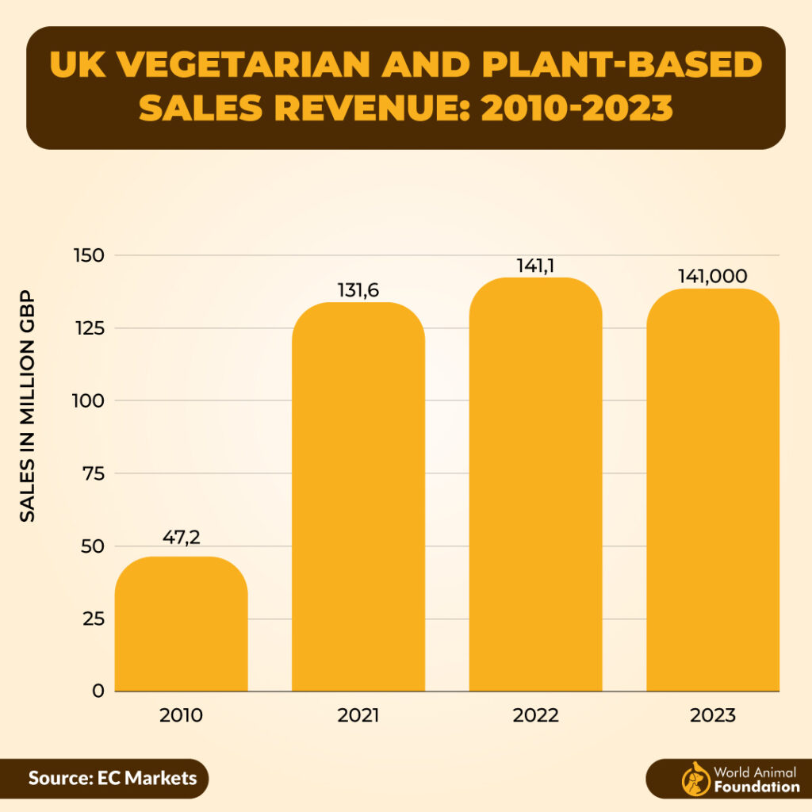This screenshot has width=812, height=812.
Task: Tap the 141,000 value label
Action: coord(712,275)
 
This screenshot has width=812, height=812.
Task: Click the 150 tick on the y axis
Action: coord(89,255)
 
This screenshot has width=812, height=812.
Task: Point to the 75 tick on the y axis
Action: coord(93,473)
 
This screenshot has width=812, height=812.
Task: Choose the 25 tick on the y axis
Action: coord(93,619)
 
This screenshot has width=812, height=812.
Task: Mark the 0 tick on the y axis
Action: coord(98,691)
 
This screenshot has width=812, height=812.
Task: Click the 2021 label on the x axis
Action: coord(358,715)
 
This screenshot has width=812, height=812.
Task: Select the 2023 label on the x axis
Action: coord(712,715)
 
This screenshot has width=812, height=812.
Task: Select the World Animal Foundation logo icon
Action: coord(695,779)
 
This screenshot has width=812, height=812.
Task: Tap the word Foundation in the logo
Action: coord(756,787)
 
